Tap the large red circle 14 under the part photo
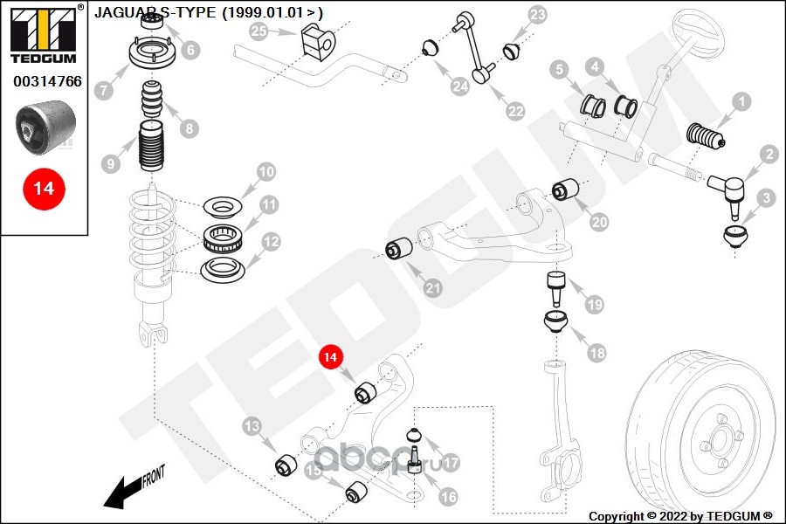point(43,189)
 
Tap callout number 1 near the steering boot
point(741,102)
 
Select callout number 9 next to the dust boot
point(110,162)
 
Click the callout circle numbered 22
point(516,111)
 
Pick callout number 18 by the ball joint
point(596,353)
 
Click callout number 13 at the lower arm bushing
point(252,427)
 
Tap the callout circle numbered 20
point(598,223)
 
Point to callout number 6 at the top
point(191,51)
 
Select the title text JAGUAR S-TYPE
point(208,13)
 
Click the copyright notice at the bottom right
point(680,515)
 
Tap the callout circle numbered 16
point(446,497)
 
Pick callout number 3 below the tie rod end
point(766,199)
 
